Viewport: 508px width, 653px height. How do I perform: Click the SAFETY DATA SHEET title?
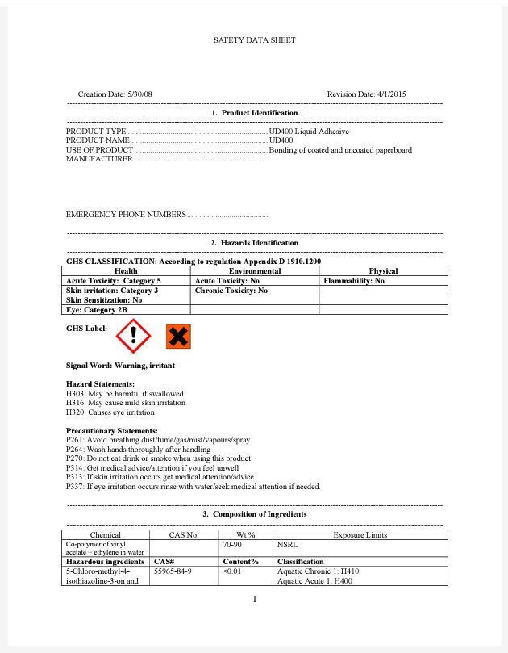point(254,40)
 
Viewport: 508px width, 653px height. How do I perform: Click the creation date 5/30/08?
point(139,94)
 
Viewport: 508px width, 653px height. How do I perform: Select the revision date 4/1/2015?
point(391,94)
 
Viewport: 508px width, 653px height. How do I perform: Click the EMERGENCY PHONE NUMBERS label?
point(126,215)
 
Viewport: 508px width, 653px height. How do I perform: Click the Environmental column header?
point(254,271)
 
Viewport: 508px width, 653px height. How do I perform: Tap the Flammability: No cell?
point(354,281)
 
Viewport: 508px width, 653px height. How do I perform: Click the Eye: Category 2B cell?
point(97,309)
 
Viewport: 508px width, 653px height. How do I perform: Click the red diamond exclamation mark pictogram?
point(134,336)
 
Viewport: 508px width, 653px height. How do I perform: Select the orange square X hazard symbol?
point(178,337)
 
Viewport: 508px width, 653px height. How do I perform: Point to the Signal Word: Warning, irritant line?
point(120,366)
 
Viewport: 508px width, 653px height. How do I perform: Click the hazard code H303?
point(75,393)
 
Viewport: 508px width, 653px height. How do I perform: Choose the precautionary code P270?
point(75,458)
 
